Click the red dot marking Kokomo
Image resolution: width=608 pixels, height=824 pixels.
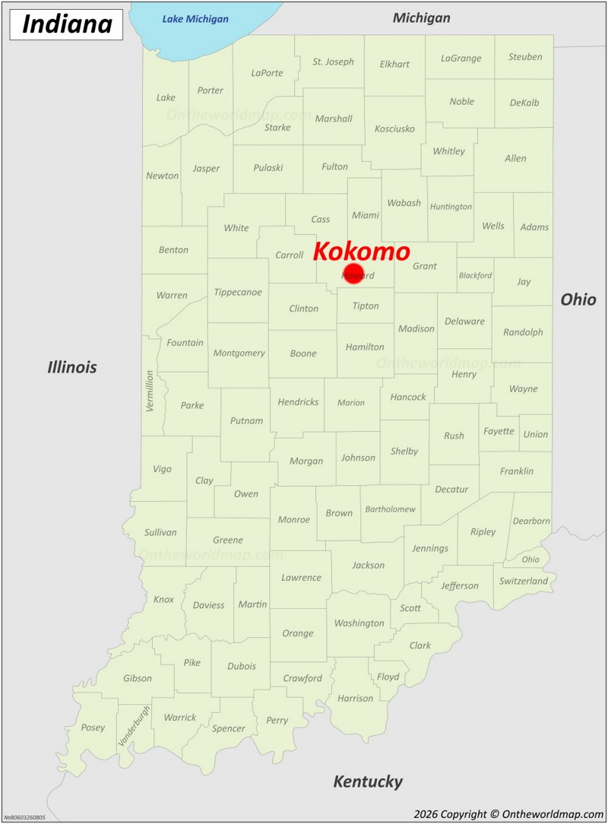point(353,274)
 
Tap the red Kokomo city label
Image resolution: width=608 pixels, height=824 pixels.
point(361,252)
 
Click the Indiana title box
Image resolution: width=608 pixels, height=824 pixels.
point(67,24)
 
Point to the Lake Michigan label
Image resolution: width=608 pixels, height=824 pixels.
point(195,19)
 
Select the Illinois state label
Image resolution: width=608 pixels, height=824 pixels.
point(72,367)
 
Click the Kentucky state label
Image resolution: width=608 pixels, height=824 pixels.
point(368,781)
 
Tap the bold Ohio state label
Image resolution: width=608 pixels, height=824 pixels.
point(578,299)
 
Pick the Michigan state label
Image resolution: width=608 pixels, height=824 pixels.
point(421,17)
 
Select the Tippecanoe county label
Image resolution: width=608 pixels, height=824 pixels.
point(238,292)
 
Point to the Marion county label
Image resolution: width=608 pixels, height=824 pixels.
point(351,403)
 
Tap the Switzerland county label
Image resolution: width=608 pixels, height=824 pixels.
point(524,581)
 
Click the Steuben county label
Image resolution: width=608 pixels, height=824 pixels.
point(525,57)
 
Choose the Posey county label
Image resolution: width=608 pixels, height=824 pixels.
point(93,727)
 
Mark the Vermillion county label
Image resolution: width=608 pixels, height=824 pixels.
point(150,391)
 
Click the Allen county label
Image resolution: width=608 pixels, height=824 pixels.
point(515,158)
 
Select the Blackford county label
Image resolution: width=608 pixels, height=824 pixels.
point(475,275)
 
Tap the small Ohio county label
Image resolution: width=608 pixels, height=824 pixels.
point(530,559)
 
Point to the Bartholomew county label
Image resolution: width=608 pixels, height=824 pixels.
point(391,509)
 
